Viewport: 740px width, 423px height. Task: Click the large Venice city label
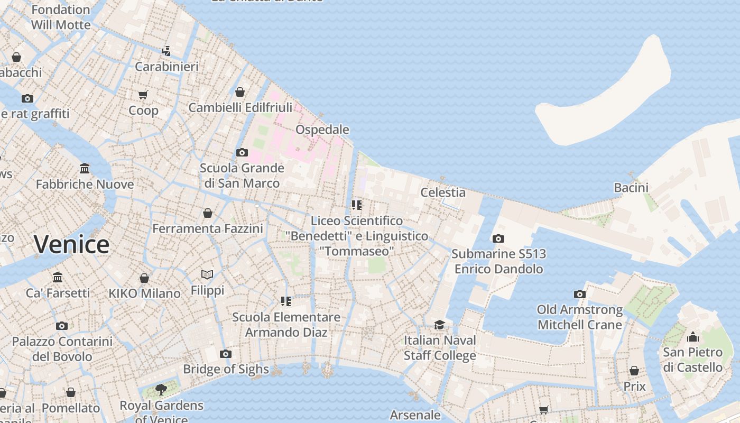pyautogui.click(x=72, y=244)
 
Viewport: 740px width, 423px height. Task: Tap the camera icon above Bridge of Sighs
pyautogui.click(x=226, y=354)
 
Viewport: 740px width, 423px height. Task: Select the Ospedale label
pyautogui.click(x=322, y=130)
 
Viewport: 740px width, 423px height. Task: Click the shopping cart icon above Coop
pyautogui.click(x=143, y=95)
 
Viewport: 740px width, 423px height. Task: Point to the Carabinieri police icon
pyautogui.click(x=166, y=51)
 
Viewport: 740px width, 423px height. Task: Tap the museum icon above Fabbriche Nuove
pyautogui.click(x=85, y=169)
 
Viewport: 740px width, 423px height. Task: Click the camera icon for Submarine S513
pyautogui.click(x=498, y=238)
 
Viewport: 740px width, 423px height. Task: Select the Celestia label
pyautogui.click(x=443, y=192)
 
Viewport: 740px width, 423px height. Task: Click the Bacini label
pyautogui.click(x=631, y=188)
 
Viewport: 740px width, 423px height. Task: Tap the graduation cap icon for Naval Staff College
pyautogui.click(x=440, y=325)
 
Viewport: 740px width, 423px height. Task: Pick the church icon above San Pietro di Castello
pyautogui.click(x=693, y=337)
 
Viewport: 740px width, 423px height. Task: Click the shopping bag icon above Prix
pyautogui.click(x=634, y=371)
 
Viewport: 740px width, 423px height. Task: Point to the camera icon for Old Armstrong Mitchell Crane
pyautogui.click(x=580, y=294)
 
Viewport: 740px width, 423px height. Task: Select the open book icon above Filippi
pyautogui.click(x=207, y=275)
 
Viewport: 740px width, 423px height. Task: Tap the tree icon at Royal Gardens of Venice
pyautogui.click(x=161, y=390)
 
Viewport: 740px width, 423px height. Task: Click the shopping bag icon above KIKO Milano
pyautogui.click(x=144, y=278)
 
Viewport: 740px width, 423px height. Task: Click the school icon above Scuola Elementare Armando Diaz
pyautogui.click(x=286, y=301)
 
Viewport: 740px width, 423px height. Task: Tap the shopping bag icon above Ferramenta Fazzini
pyautogui.click(x=208, y=213)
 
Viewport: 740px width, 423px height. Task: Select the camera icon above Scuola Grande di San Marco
pyautogui.click(x=242, y=152)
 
